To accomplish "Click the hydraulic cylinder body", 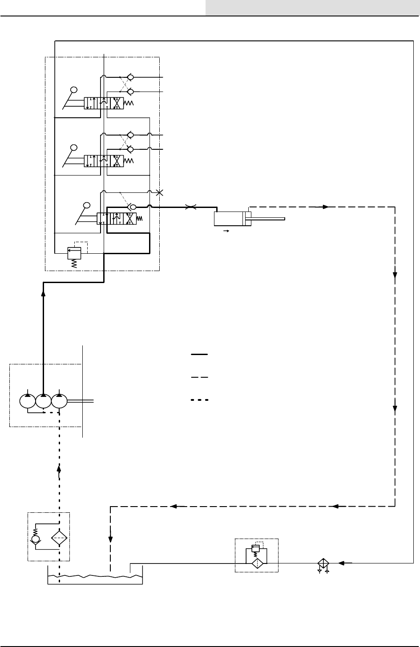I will click(229, 219).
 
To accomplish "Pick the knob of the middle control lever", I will click(74, 148).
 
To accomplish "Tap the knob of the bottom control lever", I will click(87, 206).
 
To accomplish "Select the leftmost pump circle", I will click(28, 401).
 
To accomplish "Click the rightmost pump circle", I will click(59, 401).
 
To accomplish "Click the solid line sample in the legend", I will click(200, 355).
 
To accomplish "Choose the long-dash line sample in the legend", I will click(200, 377).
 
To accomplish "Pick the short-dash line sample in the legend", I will click(200, 400).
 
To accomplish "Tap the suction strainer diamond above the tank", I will click(59, 538).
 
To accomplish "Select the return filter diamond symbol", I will click(256, 563).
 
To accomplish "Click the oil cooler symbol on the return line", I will click(323, 563).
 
